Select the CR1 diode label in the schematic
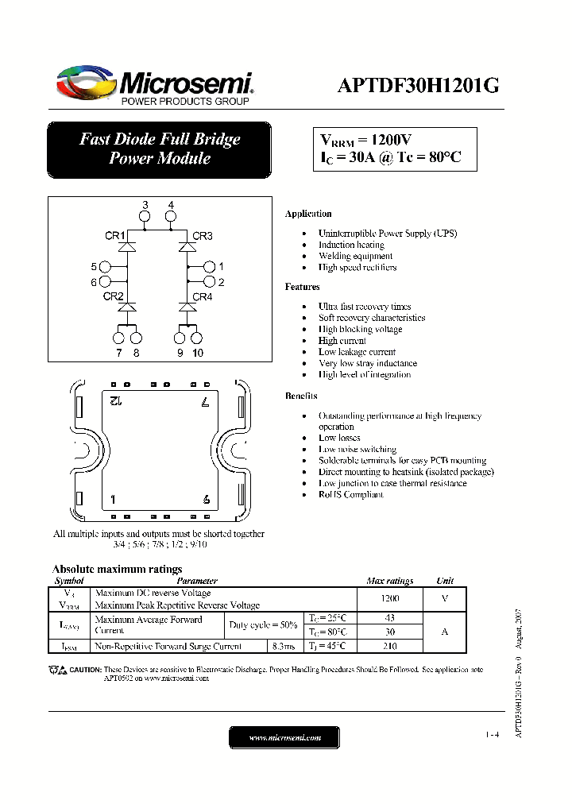pos(115,236)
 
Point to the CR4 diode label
pos(203,297)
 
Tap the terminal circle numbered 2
pos(209,281)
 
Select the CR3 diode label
pos(203,236)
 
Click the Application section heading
pos(308,214)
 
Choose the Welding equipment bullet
pos(355,256)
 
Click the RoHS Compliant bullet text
pos(350,494)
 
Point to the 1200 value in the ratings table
pos(390,598)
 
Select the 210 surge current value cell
pos(390,646)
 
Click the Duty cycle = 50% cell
pos(263,624)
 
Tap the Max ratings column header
pos(390,581)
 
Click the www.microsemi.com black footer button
pos(284,737)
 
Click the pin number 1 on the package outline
pos(114,500)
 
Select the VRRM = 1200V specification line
pos(365,139)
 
